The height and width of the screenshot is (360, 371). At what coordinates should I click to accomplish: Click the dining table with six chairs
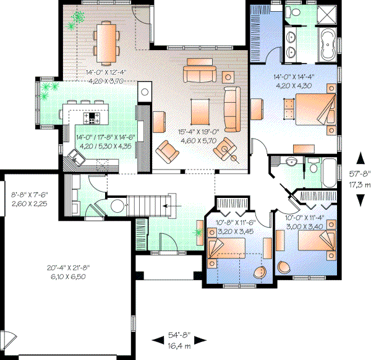[x=109, y=43]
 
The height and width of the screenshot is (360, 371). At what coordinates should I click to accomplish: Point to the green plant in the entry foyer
[x=198, y=233]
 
